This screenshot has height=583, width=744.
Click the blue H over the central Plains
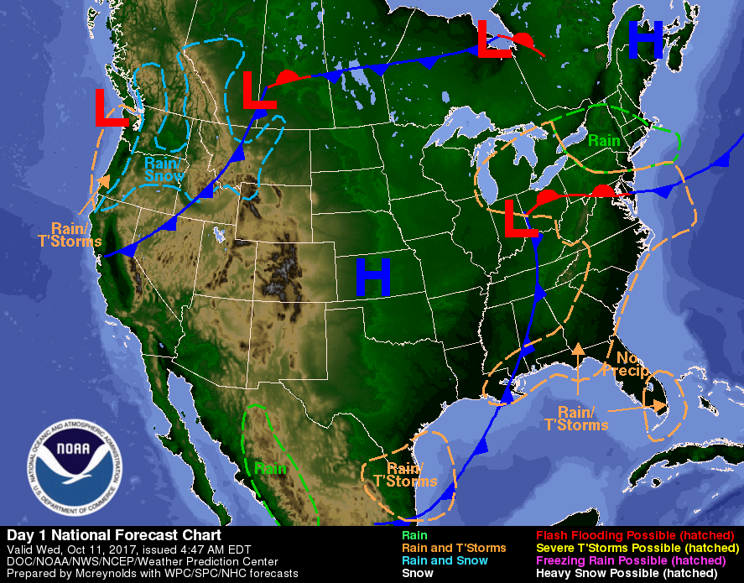[x=373, y=277]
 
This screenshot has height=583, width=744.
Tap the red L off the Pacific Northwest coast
[x=111, y=107]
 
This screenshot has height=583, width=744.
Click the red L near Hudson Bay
[x=493, y=39]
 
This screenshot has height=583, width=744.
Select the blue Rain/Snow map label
[x=163, y=169]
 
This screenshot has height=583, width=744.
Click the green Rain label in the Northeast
[x=603, y=141]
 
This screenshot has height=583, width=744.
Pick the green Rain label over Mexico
[x=271, y=468]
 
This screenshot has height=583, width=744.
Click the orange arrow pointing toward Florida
[x=637, y=409]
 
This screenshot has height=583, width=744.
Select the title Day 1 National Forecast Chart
[x=114, y=535]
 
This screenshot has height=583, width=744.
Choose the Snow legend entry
[x=418, y=573]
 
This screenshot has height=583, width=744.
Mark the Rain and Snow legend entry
[x=445, y=560]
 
